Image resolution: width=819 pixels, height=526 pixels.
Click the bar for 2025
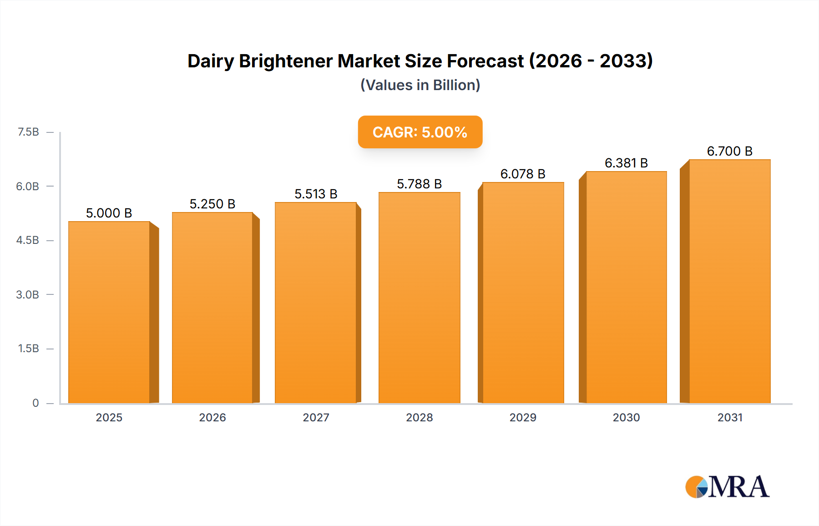point(109,312)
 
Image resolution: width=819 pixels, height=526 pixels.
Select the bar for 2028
point(419,298)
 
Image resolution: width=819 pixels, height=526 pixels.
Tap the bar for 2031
point(729,281)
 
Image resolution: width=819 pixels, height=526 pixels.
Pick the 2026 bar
point(212,308)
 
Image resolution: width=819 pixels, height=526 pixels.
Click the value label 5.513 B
point(316,194)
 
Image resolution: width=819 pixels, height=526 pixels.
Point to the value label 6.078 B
point(523,174)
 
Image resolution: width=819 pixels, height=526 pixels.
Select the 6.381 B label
point(626,163)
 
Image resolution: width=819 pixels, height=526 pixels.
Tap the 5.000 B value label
point(109,213)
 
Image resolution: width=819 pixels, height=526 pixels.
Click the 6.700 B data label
point(729,152)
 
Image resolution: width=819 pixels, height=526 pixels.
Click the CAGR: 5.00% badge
point(420,132)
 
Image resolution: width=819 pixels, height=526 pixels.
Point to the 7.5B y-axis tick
point(28,132)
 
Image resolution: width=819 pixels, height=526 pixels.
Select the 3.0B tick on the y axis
point(28,295)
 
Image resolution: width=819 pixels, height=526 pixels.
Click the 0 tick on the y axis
point(35,403)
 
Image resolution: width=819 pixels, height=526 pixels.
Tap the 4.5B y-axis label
point(28,240)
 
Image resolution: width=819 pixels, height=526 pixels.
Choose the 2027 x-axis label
point(316,418)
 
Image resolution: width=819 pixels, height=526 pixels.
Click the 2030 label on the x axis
point(626,418)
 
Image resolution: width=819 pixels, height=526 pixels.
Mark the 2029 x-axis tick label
point(523,418)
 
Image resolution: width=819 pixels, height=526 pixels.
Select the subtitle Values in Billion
point(420,86)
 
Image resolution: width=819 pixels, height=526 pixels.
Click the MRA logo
point(727,487)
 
